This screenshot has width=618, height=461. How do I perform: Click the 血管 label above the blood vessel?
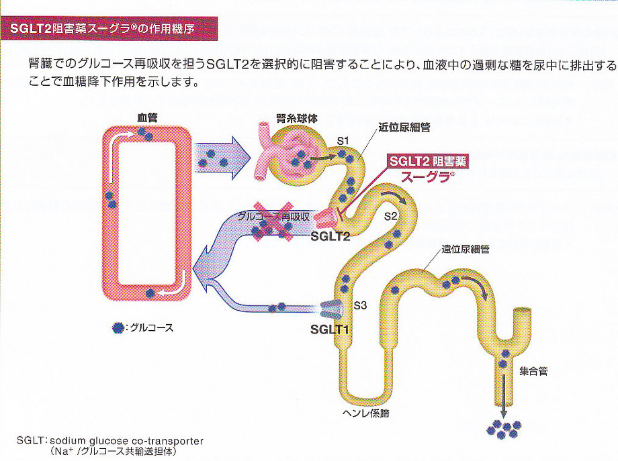147,117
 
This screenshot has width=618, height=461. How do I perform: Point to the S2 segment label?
391,216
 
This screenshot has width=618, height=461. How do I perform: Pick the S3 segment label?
360,305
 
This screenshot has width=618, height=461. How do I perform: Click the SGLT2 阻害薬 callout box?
429,162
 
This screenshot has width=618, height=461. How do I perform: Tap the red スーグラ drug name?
427,178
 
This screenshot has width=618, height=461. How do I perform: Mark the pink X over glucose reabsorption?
273,221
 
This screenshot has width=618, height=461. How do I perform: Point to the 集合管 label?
533,370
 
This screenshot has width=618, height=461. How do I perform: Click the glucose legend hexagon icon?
118,327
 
